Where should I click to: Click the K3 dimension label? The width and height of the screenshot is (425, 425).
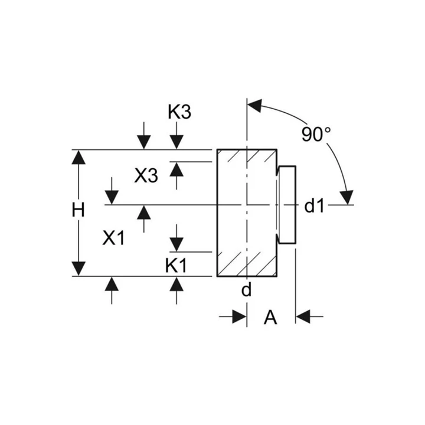(179, 112)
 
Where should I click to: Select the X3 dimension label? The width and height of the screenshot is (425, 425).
(146, 175)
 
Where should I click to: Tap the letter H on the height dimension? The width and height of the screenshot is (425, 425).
(79, 210)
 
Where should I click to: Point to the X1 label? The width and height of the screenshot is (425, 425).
(113, 238)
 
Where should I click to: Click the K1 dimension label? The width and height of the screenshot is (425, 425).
(176, 266)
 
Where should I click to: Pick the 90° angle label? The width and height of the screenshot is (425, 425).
(316, 134)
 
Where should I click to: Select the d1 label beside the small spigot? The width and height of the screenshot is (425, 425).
(314, 206)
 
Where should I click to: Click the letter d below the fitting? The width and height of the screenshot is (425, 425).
(246, 289)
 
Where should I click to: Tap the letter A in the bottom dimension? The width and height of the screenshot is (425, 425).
(270, 317)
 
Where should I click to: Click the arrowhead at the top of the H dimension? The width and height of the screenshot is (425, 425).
(79, 157)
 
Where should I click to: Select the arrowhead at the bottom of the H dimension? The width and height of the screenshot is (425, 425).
(79, 269)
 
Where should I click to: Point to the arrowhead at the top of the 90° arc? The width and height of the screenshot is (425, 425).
(255, 105)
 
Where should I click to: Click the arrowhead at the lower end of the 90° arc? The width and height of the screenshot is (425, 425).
(347, 197)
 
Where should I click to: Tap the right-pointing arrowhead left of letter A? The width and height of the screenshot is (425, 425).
(239, 316)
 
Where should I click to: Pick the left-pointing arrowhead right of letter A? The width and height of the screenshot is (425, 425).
(303, 316)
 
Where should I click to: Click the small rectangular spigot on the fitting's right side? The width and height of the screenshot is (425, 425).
(287, 205)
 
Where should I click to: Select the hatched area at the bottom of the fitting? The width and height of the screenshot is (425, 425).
(247, 264)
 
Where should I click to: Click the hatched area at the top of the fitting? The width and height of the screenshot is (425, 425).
(247, 156)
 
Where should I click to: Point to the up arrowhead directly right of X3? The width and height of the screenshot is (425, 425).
(176, 170)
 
